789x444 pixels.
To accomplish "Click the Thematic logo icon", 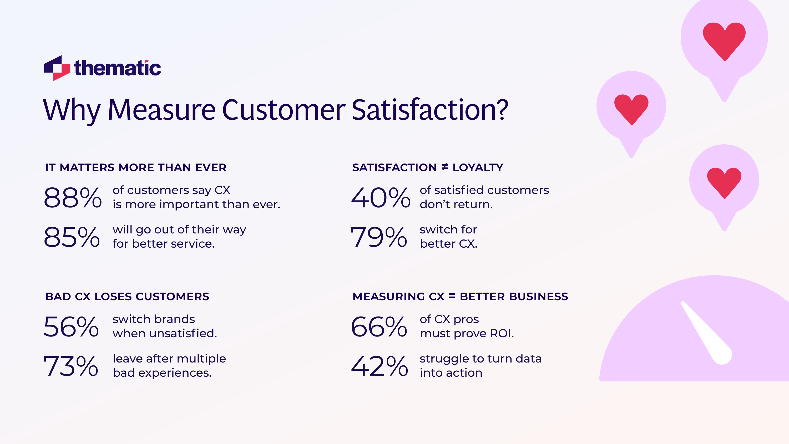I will pos(57,68).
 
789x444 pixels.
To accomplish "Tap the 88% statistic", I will pos(73,198).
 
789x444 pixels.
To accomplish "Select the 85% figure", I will pos(72,237).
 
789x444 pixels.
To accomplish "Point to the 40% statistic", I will pos(380,198).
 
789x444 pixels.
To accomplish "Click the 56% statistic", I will pos(71,327).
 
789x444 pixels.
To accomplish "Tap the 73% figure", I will pos(71,366).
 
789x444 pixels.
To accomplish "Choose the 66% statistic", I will pos(379,327).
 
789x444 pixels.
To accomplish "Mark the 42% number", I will pos(380,366).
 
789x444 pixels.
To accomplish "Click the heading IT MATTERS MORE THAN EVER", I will pos(136,167).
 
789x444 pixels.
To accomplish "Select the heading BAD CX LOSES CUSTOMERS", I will pos(127,297).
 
